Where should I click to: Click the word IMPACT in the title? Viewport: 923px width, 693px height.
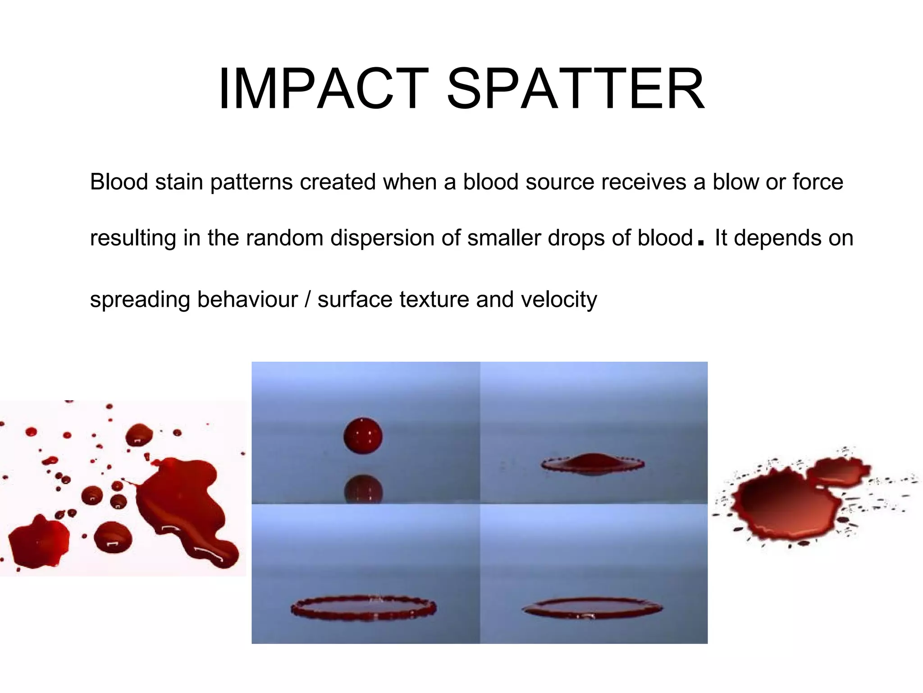323,88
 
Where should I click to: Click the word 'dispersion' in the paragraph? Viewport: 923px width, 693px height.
383,238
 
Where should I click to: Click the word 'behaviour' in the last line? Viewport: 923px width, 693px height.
247,300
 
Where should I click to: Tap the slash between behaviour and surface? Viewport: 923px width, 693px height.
308,300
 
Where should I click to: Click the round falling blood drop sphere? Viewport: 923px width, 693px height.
363,436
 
